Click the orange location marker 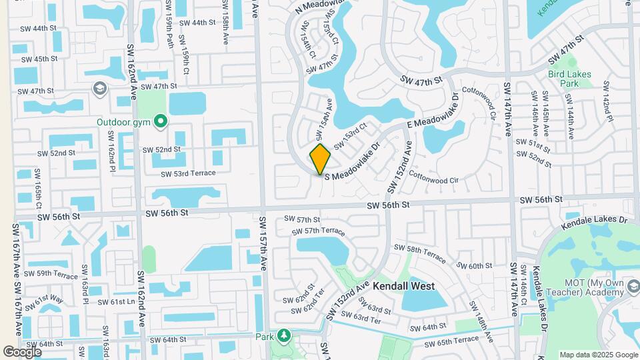[x=320, y=159]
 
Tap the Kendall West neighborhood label [x=403, y=286]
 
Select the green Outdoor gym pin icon [x=160, y=122]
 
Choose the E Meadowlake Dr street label [x=432, y=113]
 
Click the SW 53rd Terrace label [x=188, y=173]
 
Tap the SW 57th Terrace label [x=319, y=231]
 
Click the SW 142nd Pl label [x=607, y=101]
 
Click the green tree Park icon [x=285, y=334]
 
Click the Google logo [x=22, y=351]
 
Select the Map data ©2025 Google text [x=598, y=355]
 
